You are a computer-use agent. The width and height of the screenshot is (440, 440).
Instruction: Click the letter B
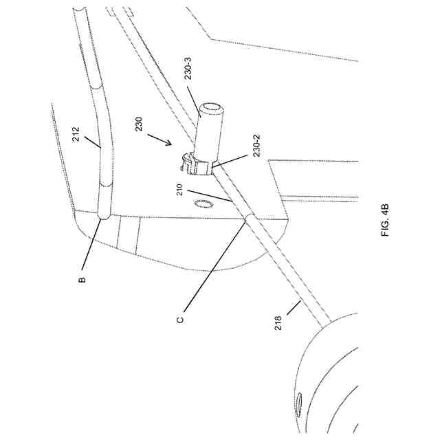(x=82, y=279)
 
